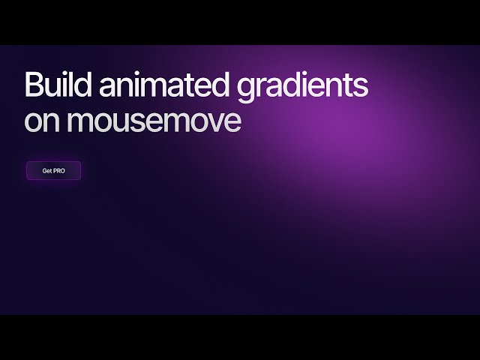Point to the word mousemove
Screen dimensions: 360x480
[154, 121]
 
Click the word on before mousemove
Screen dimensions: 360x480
[42, 121]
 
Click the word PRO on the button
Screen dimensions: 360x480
[59, 171]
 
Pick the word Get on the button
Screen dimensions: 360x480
[47, 171]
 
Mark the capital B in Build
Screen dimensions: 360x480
[32, 85]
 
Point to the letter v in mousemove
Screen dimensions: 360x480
[212, 122]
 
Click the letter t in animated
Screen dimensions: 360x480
[194, 85]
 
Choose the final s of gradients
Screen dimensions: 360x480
[361, 87]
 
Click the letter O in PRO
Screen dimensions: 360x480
[62, 171]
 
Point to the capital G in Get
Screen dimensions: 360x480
[44, 171]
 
